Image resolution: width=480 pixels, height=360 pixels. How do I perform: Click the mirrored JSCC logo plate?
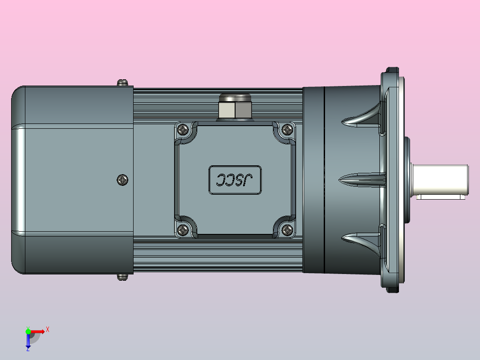tap(235, 180)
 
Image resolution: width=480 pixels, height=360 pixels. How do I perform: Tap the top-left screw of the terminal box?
tap(183, 130)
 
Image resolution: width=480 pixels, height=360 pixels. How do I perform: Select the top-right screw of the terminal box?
tap(288, 130)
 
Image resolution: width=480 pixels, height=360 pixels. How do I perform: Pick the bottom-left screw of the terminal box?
tap(183, 230)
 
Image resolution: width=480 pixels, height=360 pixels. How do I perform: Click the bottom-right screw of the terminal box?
tap(288, 230)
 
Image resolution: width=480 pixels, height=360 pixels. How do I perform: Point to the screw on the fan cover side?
tap(122, 180)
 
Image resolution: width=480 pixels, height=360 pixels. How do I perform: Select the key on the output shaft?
tap(441, 196)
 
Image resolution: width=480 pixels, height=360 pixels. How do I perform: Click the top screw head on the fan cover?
tap(122, 82)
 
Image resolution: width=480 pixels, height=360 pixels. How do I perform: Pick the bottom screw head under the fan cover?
tap(122, 277)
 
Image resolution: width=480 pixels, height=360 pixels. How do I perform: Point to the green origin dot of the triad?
tap(28, 331)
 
